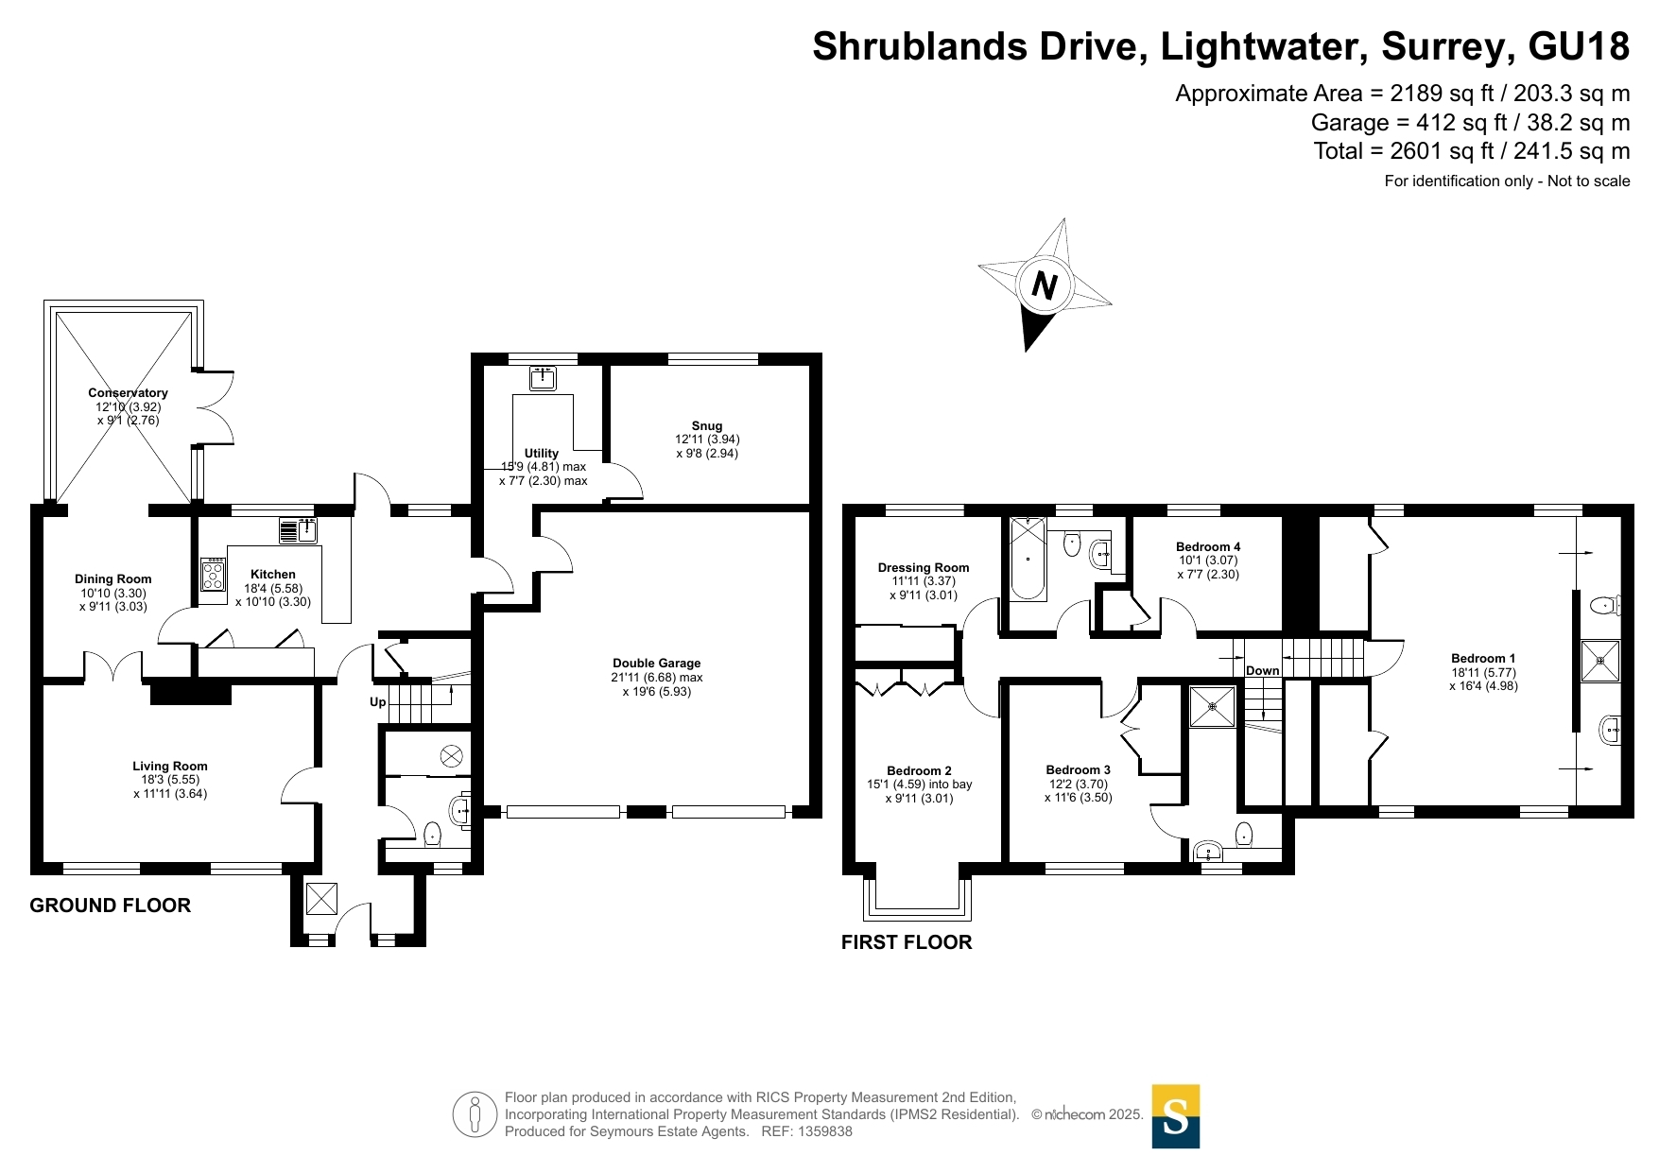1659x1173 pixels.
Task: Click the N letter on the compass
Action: [1045, 285]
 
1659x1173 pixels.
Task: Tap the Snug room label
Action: [707, 426]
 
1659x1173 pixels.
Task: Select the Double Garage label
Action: [657, 664]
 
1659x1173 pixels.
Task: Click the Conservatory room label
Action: [129, 393]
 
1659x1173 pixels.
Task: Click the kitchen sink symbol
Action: [299, 530]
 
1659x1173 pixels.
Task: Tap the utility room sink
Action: [543, 379]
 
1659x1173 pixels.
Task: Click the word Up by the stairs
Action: [378, 702]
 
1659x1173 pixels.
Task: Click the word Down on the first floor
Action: [1262, 671]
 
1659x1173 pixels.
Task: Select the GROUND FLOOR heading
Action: [111, 906]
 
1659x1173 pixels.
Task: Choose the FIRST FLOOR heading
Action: [907, 942]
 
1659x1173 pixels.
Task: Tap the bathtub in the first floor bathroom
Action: [1028, 559]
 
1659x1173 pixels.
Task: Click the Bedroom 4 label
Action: [1208, 547]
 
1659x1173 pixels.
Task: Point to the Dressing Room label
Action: [924, 568]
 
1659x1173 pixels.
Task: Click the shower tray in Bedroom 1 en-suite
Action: [1600, 661]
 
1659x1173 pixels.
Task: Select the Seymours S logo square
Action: [1176, 1116]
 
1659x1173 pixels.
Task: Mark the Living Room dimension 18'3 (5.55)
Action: [170, 781]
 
